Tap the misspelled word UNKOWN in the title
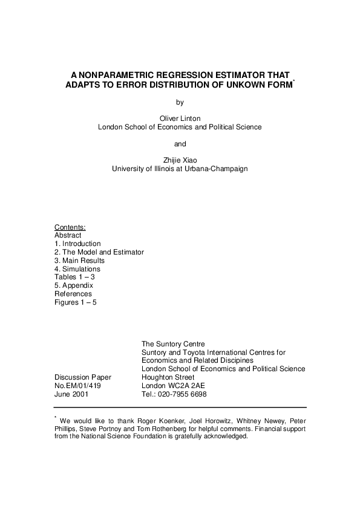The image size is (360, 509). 245,85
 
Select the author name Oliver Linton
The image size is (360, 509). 180,118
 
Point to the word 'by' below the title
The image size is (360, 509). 180,102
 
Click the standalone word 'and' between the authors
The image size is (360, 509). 180,144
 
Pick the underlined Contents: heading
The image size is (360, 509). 70,227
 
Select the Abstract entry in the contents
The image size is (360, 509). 68,236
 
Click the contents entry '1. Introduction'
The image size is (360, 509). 77,244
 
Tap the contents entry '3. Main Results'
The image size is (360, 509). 79,261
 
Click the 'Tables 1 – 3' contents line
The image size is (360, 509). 74,277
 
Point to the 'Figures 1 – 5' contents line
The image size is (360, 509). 76,302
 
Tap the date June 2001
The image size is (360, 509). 71,394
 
